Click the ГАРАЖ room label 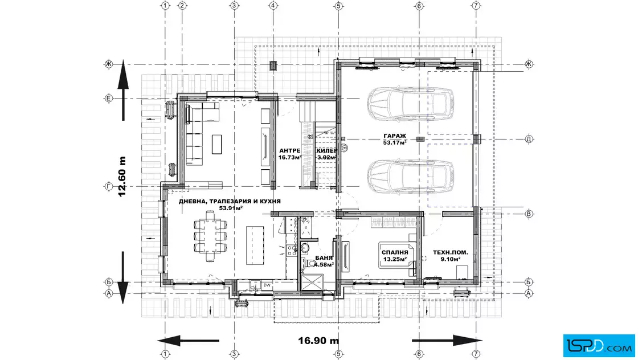click(395, 136)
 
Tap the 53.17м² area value click(395, 142)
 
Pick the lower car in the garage click(411, 177)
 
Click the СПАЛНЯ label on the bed click(395, 252)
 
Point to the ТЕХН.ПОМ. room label click(451, 252)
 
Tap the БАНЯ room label click(324, 258)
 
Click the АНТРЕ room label click(290, 150)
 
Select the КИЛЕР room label click(327, 150)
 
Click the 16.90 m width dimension click(318, 341)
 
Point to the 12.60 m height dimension click(122, 177)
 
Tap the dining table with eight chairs click(210, 235)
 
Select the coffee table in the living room click(217, 145)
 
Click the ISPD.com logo click(599, 346)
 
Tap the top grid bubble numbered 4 click(273, 6)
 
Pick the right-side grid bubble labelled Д click(529, 139)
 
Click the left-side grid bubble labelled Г click(109, 187)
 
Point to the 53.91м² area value click(231, 208)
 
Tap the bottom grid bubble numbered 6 click(419, 354)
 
